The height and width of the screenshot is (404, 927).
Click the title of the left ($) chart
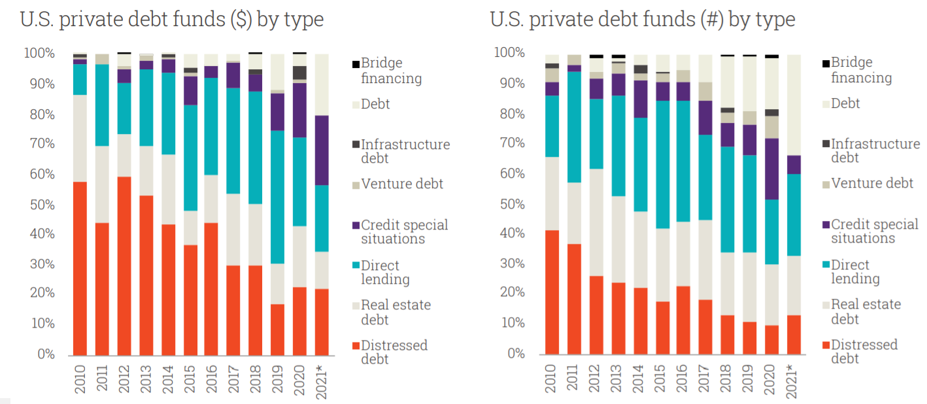pyautogui.click(x=172, y=20)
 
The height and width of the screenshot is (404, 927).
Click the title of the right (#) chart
pyautogui.click(x=643, y=20)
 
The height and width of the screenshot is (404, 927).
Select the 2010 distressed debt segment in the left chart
pyautogui.click(x=80, y=267)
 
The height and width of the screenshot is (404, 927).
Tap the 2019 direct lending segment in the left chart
pyautogui.click(x=277, y=197)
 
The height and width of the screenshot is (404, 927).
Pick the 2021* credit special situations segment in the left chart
pyautogui.click(x=321, y=150)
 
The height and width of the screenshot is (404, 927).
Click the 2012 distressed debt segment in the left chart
pyautogui.click(x=124, y=265)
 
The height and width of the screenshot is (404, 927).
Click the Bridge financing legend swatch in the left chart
pyautogui.click(x=356, y=64)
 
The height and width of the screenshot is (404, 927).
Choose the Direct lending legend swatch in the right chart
pyautogui.click(x=826, y=265)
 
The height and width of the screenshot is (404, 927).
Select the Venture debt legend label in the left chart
pyautogui.click(x=402, y=184)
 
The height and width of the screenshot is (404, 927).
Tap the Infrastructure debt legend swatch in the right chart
pyautogui.click(x=826, y=144)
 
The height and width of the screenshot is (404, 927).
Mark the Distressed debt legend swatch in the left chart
pyautogui.click(x=356, y=345)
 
